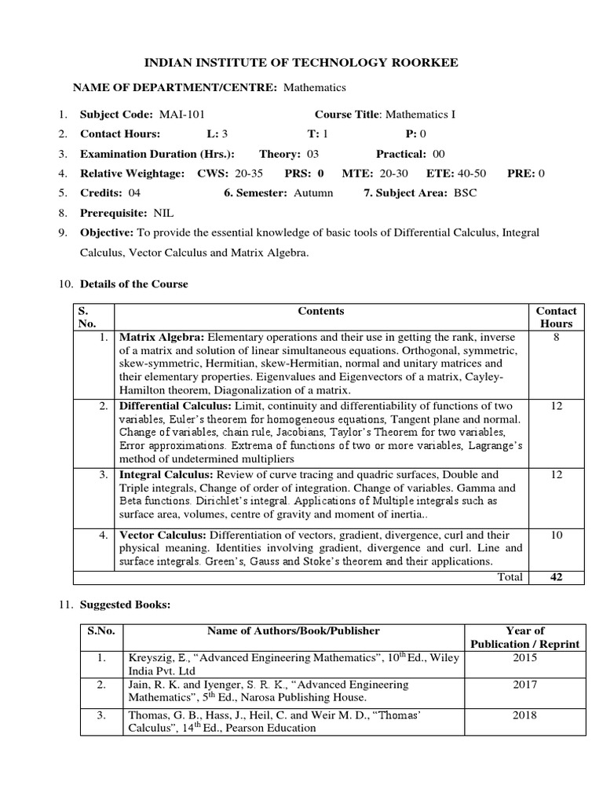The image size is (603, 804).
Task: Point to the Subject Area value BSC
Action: click(x=464, y=192)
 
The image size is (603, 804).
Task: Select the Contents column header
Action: click(x=321, y=312)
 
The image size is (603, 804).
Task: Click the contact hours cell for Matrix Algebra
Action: click(x=556, y=338)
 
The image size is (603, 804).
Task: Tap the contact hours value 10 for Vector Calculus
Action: click(x=556, y=535)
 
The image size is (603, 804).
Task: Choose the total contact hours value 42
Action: click(x=556, y=577)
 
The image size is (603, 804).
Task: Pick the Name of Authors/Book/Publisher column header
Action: click(x=293, y=630)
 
